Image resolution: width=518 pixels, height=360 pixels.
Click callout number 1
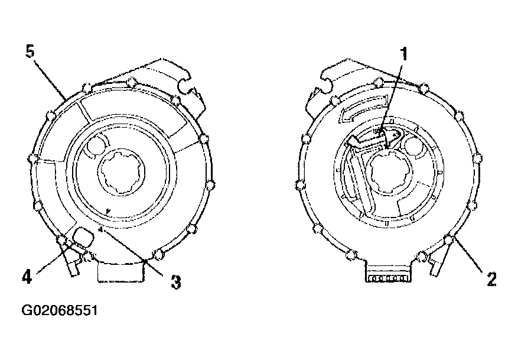(x=403, y=54)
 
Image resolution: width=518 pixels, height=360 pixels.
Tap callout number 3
(x=176, y=282)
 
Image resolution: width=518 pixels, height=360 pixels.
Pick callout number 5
(x=30, y=51)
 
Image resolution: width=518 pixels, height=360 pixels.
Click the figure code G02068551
(x=60, y=311)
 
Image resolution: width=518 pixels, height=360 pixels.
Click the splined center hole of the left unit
(x=121, y=171)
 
